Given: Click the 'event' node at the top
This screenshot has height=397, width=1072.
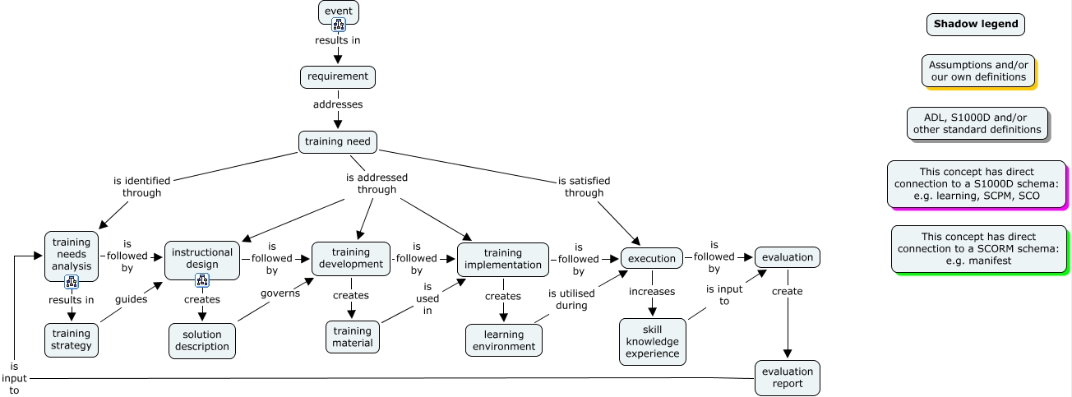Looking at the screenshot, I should point(338,11).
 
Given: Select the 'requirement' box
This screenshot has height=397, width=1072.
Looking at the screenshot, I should point(337,76).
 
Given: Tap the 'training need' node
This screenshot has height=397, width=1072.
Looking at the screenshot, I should point(337,141).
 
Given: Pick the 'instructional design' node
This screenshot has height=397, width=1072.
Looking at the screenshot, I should point(201,258).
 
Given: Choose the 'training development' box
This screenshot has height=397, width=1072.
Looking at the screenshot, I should point(350,258).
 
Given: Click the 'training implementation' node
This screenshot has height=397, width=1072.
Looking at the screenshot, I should point(502,259).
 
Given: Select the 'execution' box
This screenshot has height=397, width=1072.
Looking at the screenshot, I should point(651,258).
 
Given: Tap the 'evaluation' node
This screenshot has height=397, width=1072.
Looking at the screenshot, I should point(787,257).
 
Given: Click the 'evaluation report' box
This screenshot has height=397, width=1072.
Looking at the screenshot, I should point(787,377).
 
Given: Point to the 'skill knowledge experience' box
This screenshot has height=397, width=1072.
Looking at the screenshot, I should point(652,341).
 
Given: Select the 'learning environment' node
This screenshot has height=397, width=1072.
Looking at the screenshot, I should point(503,340).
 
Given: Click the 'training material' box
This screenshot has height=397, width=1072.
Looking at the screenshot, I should point(352,337).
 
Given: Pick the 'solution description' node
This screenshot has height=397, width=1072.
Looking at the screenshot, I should point(201,340).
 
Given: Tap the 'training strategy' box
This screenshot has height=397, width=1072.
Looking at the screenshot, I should point(72,339).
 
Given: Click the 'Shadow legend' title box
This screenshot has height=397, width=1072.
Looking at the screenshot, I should point(975,25).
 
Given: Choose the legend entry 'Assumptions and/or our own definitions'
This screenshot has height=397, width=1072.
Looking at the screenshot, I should point(977,71).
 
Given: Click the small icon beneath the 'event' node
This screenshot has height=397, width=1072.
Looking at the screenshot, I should point(338,25).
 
